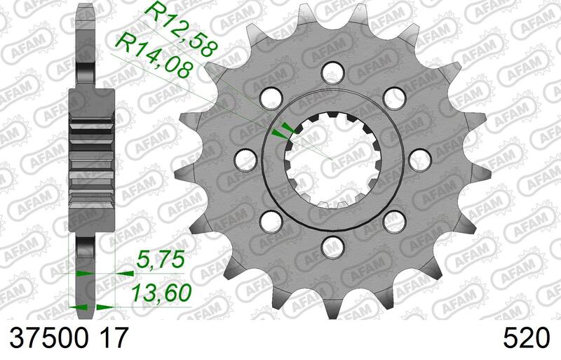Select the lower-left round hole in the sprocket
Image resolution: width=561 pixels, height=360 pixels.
pos(267,220)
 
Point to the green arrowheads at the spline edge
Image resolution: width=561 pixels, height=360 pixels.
pos(283,130)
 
